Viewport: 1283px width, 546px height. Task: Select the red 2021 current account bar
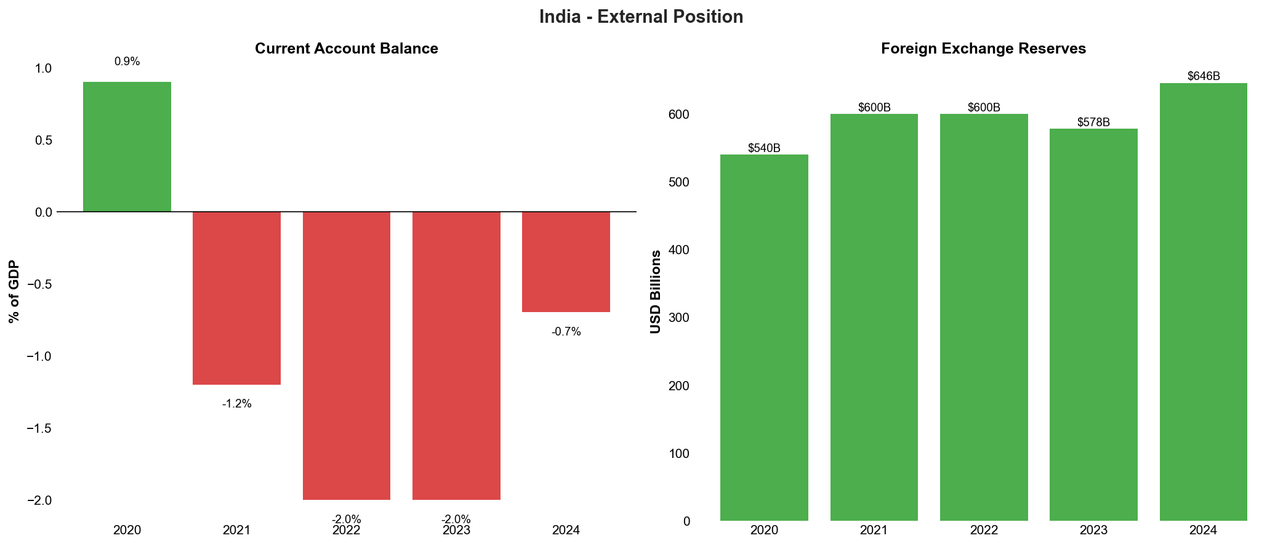(236, 298)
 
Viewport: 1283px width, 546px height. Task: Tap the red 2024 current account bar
(566, 262)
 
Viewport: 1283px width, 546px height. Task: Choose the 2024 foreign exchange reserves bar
(1203, 302)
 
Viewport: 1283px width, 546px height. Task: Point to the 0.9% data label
(127, 62)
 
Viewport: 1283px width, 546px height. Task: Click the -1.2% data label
(236, 404)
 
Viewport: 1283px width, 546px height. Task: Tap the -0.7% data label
(566, 332)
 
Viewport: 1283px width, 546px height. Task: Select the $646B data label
(1203, 76)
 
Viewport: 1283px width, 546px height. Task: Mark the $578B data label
(1093, 122)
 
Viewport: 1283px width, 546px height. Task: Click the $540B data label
(764, 148)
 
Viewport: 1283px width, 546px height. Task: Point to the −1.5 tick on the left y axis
(39, 428)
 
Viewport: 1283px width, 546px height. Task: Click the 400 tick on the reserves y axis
(677, 250)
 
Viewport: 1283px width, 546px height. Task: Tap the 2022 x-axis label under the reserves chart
(984, 530)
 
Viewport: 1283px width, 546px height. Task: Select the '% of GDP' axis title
(14, 291)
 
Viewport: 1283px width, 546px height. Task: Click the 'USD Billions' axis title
(656, 291)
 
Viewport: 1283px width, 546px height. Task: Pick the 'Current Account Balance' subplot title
(346, 49)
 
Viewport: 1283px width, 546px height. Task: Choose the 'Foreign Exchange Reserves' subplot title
(983, 49)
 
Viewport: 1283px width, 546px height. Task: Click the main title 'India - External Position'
(641, 17)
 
